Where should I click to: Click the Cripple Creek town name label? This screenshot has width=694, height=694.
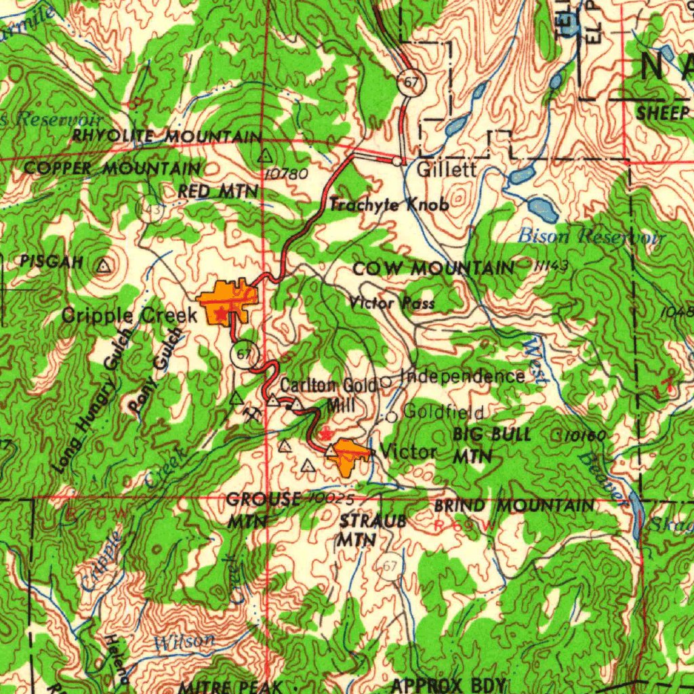pyautogui.click(x=129, y=315)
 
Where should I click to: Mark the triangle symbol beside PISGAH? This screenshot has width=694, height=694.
pyautogui.click(x=103, y=266)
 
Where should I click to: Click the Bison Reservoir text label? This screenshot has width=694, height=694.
pyautogui.click(x=590, y=237)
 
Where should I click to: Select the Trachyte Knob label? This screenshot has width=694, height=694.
pyautogui.click(x=389, y=204)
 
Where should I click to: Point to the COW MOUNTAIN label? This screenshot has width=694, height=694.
pyautogui.click(x=434, y=269)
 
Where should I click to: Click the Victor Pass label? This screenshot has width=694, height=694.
pyautogui.click(x=392, y=303)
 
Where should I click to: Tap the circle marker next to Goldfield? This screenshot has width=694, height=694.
pyautogui.click(x=391, y=417)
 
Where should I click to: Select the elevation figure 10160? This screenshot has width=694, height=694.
pyautogui.click(x=583, y=437)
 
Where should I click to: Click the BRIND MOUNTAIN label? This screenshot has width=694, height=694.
pyautogui.click(x=514, y=506)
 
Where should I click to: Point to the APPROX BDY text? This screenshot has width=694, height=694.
pyautogui.click(x=449, y=685)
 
